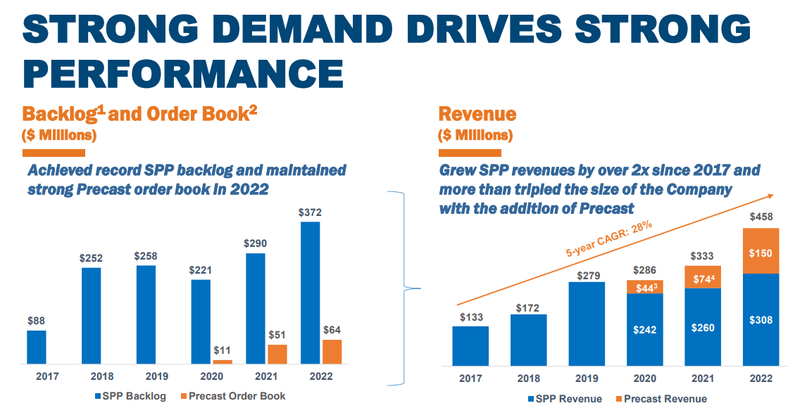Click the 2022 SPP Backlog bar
[310, 293]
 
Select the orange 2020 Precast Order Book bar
[223, 362]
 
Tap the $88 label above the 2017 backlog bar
[37, 320]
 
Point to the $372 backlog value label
[310, 212]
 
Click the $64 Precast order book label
[332, 329]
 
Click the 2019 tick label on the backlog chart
[146, 376]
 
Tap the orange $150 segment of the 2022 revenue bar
[761, 251]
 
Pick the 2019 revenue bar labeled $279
[587, 324]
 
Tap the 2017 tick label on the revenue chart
[470, 378]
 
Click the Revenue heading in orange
[477, 114]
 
